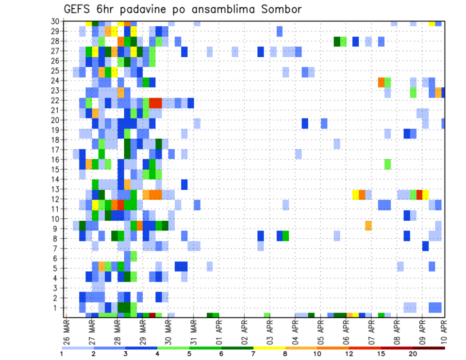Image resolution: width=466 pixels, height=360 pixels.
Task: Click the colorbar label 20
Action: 413,354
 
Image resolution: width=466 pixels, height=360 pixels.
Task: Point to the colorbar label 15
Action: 381,354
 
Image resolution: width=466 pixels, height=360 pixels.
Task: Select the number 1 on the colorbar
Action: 62,354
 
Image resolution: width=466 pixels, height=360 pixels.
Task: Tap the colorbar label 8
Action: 285,354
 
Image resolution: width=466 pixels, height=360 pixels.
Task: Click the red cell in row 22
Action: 155,103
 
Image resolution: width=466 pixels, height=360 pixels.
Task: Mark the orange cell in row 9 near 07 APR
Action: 368,226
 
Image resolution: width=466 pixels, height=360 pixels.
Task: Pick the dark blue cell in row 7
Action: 425,246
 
